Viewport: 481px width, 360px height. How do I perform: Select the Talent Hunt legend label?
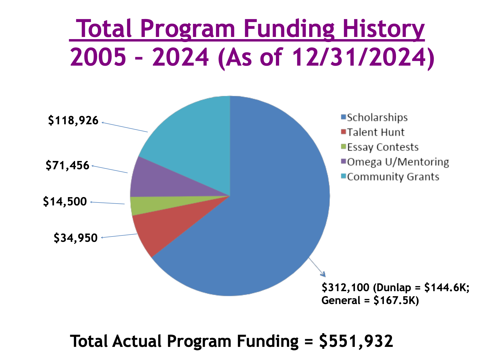[x=375, y=132]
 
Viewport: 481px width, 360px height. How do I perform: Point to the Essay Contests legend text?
[x=383, y=147]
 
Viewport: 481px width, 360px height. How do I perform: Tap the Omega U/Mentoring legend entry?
[x=398, y=162]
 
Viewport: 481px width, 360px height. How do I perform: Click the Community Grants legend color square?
[x=343, y=176]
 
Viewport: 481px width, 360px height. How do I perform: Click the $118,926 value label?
[x=73, y=121]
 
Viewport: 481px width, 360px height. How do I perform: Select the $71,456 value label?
[x=67, y=166]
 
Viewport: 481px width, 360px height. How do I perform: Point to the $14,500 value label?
[x=65, y=201]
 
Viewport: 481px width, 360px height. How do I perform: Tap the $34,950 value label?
[x=76, y=238]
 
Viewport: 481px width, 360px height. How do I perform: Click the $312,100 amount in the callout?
[x=345, y=287]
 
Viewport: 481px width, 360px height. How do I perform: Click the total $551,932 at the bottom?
[x=356, y=341]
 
